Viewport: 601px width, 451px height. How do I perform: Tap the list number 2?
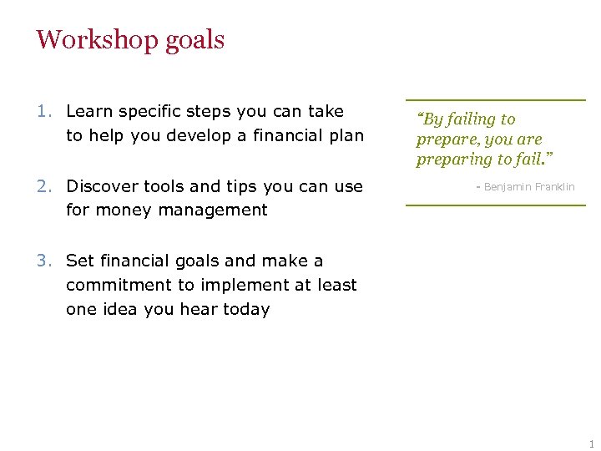coord(43,186)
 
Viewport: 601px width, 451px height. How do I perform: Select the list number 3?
coord(43,261)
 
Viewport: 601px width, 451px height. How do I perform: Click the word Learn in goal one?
coord(89,111)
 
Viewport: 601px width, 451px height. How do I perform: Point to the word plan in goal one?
coord(346,135)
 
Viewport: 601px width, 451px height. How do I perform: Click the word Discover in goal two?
coord(103,186)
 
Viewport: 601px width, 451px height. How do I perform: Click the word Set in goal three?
coord(80,261)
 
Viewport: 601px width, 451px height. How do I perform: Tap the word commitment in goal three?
coord(116,285)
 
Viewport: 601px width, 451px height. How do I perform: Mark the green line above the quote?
coord(496,100)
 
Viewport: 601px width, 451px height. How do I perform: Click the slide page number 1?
coord(591,443)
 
